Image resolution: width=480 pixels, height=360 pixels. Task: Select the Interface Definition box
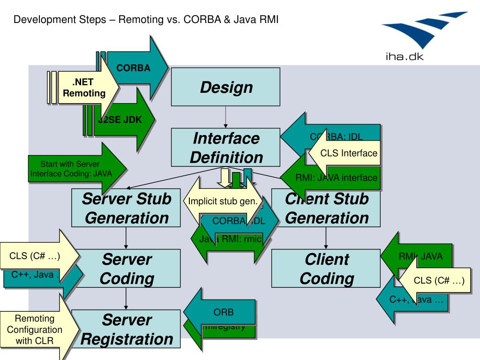click(225, 147)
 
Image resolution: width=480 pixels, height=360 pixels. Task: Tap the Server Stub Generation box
click(127, 208)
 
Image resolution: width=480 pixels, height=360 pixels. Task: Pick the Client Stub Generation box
click(327, 208)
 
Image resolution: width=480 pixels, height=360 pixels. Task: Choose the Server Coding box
click(127, 269)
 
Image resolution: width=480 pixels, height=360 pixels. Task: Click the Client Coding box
click(327, 269)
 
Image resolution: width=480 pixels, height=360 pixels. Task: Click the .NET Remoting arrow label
click(84, 88)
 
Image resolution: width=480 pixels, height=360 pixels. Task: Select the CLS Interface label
click(349, 153)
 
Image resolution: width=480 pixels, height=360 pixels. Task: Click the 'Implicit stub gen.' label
click(223, 202)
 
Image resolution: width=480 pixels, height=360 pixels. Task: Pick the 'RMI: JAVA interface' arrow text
click(336, 178)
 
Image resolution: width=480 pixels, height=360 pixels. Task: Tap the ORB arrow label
click(224, 312)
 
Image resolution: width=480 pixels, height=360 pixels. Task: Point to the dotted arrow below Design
click(225, 117)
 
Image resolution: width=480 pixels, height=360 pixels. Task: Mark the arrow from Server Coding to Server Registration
click(126, 299)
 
